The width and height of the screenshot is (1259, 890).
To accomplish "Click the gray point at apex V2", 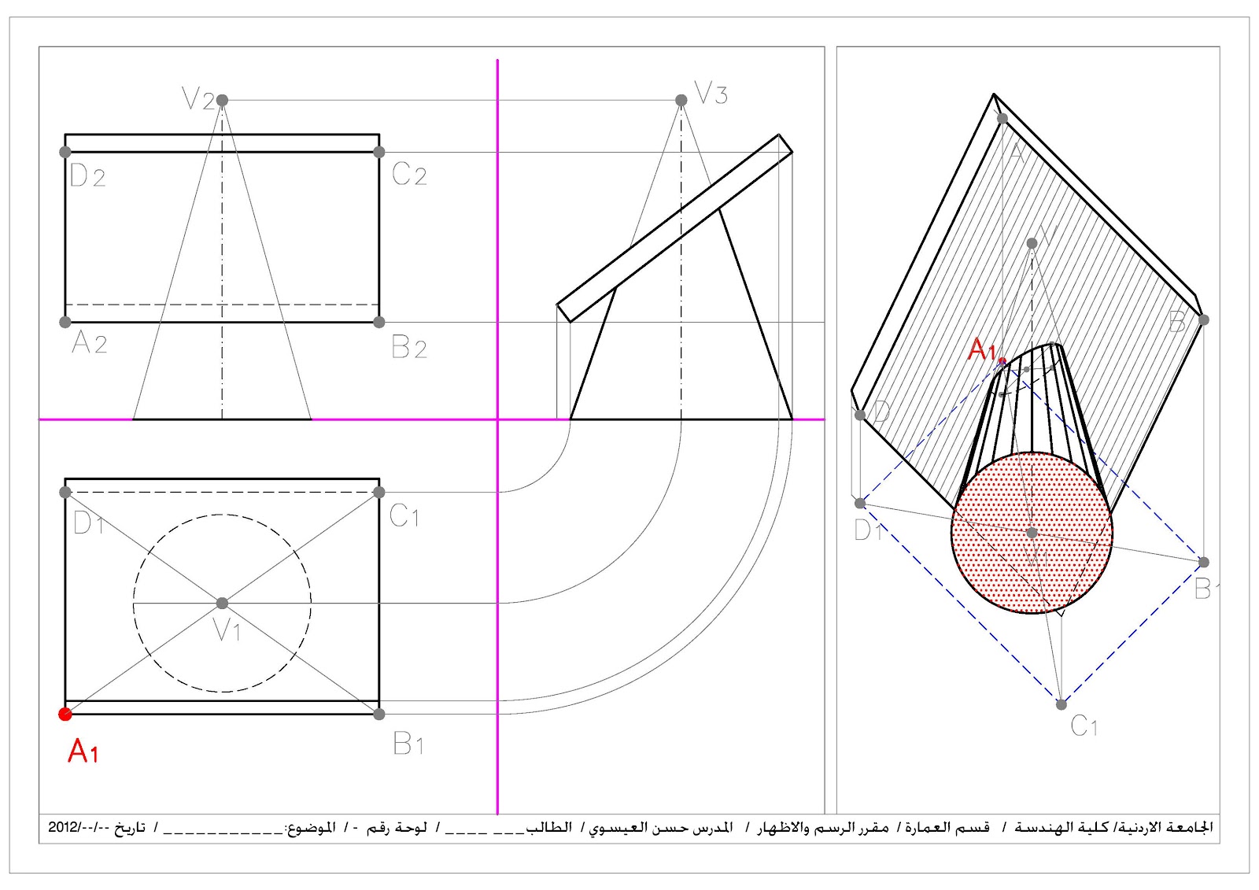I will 222,100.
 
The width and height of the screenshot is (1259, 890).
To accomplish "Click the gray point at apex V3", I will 681,100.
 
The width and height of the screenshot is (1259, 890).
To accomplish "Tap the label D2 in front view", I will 87,175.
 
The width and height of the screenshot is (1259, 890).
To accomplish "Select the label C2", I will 409,174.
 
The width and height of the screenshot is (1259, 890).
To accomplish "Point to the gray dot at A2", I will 65,322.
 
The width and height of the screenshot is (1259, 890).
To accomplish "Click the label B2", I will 409,347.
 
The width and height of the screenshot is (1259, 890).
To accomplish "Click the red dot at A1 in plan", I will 65,714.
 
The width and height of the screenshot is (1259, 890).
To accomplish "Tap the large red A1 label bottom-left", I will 83,752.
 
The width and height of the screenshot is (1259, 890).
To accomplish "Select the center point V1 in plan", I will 222,603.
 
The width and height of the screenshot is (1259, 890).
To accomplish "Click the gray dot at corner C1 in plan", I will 379,492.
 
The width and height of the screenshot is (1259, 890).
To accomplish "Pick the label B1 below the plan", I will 408,743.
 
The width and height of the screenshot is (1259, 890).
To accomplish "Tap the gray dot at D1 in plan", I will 65,492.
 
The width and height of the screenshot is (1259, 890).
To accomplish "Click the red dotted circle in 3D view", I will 1032,533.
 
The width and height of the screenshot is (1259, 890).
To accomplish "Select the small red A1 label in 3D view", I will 982,349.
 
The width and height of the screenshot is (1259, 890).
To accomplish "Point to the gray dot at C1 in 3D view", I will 1061,704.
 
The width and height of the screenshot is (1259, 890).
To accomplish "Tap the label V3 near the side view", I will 711,94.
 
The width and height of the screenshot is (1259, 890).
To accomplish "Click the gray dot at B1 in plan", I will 379,714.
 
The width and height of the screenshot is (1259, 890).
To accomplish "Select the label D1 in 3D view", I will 868,530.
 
